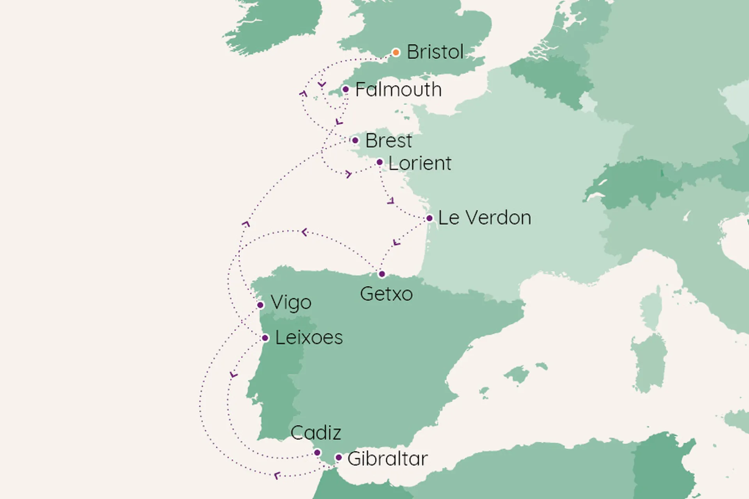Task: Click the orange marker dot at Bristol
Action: coord(396,52)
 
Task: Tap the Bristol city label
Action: coord(435,52)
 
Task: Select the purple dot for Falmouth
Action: coord(345,89)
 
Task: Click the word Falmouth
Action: coord(398,90)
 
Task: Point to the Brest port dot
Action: coord(355,140)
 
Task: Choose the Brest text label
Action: coord(389,141)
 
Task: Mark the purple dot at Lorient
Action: coord(380,162)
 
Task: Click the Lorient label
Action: coord(420,163)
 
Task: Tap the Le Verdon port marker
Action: coord(429,218)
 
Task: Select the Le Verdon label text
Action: coord(484,218)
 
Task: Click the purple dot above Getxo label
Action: coord(382,274)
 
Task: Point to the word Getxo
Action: coord(386,294)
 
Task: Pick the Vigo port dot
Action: coord(260,305)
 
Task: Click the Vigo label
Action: coord(291,303)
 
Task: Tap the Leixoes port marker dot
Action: coord(265,338)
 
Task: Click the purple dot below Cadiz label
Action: coord(317,453)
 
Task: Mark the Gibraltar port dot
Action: coord(339,458)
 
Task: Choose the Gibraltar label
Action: coord(387,458)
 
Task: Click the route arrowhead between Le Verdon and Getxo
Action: coord(396,243)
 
